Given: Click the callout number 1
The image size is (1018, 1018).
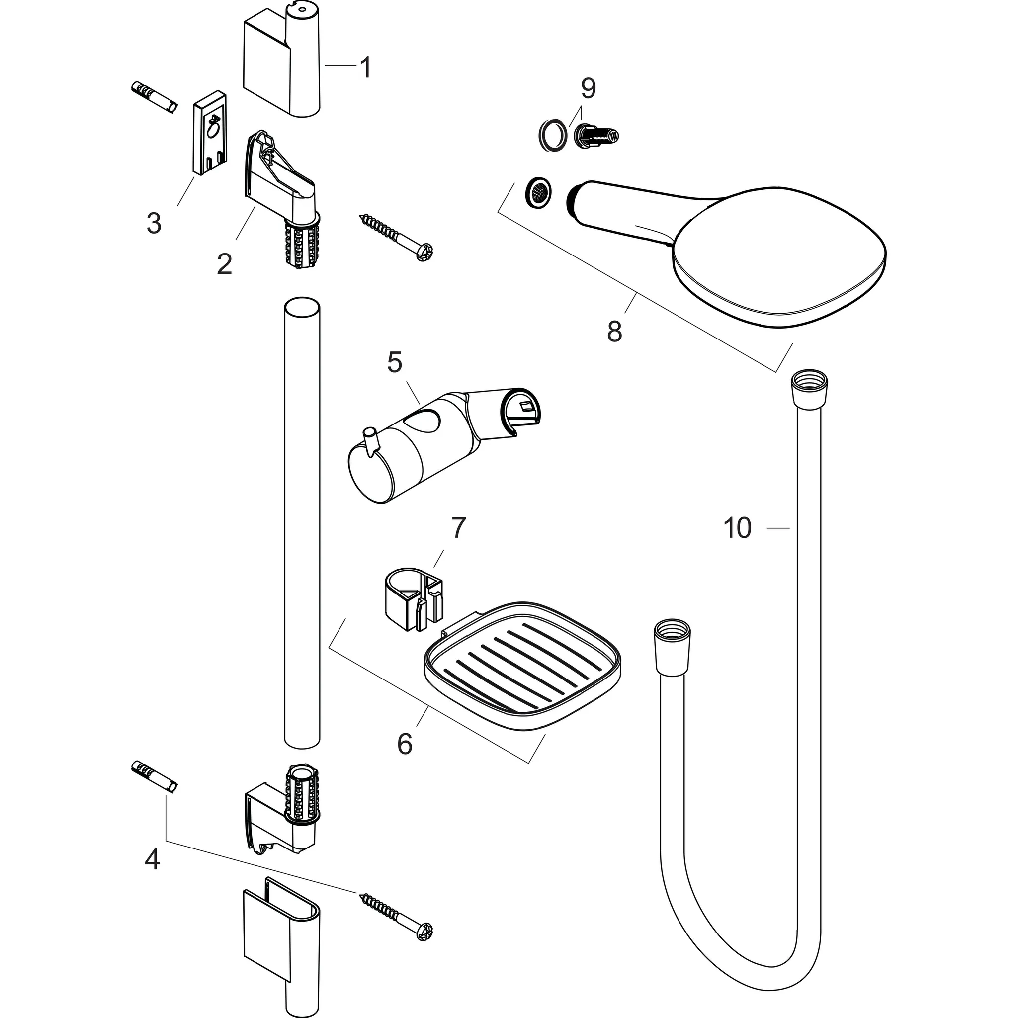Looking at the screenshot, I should tap(365, 68).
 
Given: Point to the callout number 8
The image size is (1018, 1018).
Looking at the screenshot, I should tap(614, 332).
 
